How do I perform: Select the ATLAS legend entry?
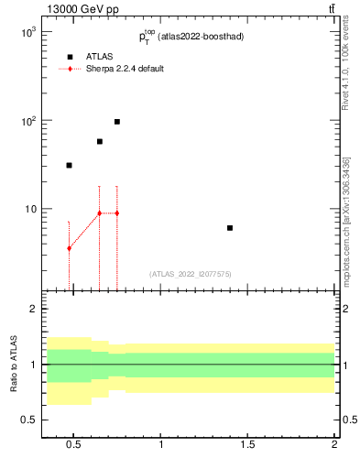pos(100,57)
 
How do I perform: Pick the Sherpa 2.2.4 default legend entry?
pos(125,70)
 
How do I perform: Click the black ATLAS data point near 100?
pos(117,122)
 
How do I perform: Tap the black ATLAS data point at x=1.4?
pos(230,228)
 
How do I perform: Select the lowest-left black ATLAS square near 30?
pos(69,166)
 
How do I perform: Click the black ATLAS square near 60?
pos(100,142)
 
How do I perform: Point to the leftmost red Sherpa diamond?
pos(69,249)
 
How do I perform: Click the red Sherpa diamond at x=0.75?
pos(117,213)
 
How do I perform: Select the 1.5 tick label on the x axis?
pos(248,445)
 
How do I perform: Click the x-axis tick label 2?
pos(334,445)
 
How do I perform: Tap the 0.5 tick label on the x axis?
pos(75,445)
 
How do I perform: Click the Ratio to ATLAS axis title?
pos(14,365)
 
